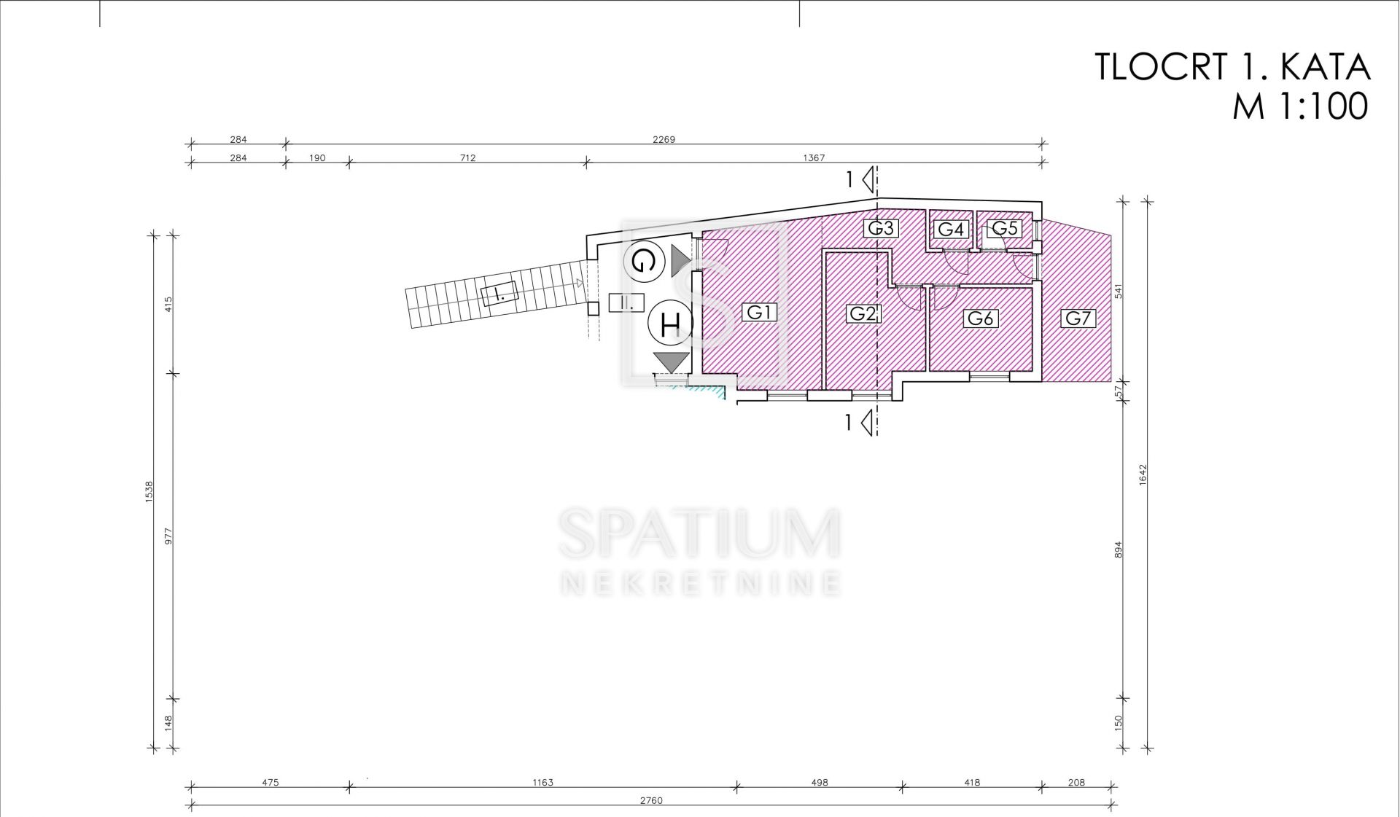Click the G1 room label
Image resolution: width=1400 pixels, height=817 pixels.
tap(759, 312)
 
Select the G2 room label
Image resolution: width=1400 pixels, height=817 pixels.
tap(863, 313)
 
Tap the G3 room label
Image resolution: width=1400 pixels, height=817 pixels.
tap(880, 228)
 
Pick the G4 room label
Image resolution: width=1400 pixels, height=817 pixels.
tap(951, 230)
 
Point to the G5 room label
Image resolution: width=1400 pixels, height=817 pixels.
tap(1004, 228)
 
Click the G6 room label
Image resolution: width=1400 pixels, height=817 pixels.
tap(980, 318)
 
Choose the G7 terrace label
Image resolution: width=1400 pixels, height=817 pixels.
tap(1078, 318)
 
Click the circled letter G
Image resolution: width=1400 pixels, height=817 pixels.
tap(644, 261)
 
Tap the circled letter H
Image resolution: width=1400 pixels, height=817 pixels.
tap(670, 323)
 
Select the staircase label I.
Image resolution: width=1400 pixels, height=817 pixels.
tap(499, 294)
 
